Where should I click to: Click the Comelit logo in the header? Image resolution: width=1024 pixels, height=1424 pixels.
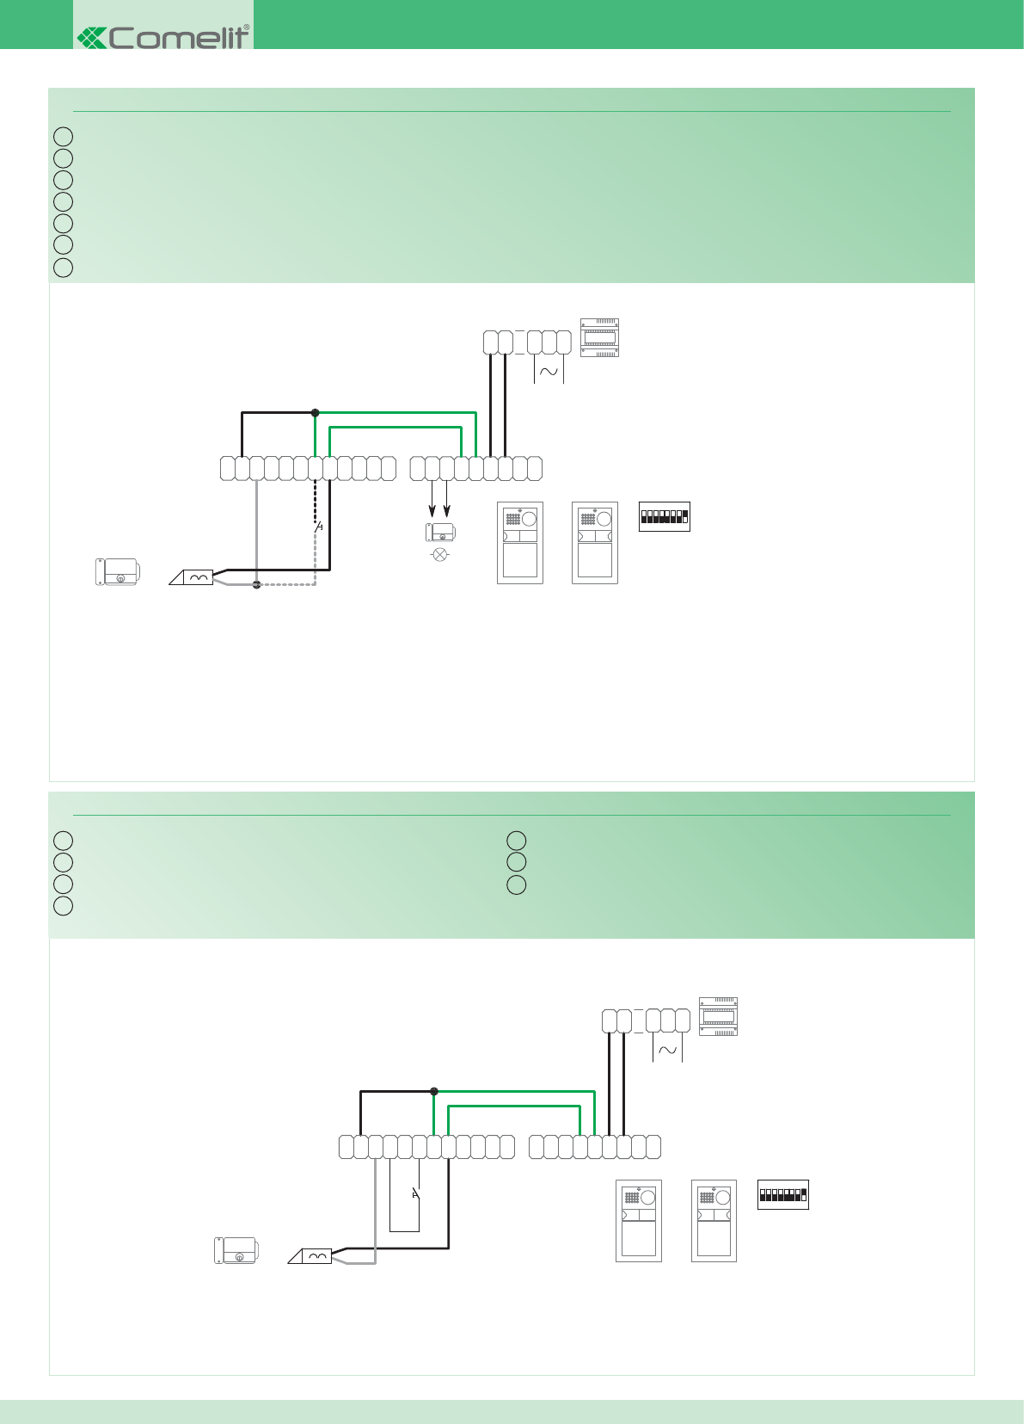(x=163, y=37)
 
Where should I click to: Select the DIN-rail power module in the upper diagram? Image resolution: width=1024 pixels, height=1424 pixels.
(x=600, y=337)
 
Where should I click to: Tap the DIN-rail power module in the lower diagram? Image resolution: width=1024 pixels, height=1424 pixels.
(x=718, y=1016)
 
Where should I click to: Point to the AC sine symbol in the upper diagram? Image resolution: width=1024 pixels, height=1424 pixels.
(x=549, y=373)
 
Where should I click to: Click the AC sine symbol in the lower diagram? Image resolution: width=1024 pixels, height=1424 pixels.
(x=667, y=1051)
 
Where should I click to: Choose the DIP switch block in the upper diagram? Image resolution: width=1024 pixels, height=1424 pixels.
(x=665, y=516)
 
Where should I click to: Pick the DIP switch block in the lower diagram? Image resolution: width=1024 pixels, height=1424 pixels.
(x=783, y=1194)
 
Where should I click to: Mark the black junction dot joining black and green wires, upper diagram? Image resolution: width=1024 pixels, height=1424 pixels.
(x=316, y=413)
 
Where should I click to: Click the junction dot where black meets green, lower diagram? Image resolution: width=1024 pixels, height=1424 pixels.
(x=434, y=1091)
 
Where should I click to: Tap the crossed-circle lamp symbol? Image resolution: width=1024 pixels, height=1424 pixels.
(x=440, y=554)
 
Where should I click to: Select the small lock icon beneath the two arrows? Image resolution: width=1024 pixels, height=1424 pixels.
(x=441, y=533)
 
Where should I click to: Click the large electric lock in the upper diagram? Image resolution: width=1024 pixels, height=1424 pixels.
(x=118, y=572)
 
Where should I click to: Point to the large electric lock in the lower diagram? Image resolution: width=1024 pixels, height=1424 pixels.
(x=236, y=1250)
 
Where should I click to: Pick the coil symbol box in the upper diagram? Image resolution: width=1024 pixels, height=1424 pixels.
(x=199, y=577)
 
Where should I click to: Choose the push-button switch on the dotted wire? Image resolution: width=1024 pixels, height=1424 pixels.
(x=318, y=526)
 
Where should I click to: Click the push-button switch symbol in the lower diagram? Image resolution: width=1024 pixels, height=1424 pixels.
(x=416, y=1193)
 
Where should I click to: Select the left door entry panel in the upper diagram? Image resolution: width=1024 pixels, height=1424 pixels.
(x=520, y=543)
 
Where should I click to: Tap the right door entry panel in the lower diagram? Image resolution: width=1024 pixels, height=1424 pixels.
(x=714, y=1221)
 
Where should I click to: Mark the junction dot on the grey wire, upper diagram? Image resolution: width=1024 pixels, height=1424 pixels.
(x=256, y=584)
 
